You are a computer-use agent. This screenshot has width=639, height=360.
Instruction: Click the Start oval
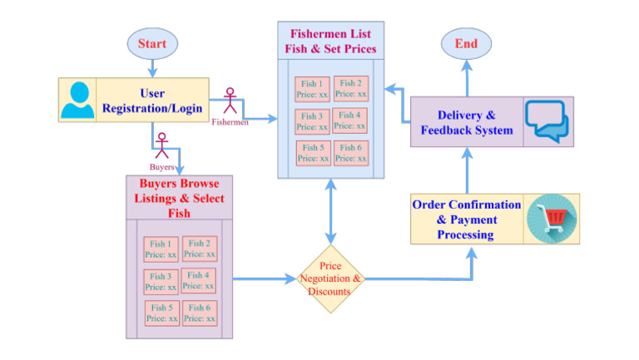click(152, 43)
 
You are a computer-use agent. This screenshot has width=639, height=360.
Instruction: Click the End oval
click(466, 43)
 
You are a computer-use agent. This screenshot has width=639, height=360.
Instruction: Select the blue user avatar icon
click(78, 99)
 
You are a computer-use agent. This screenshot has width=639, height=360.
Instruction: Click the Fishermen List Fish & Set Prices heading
click(332, 42)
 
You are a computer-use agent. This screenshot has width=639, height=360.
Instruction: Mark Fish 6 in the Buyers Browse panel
click(199, 312)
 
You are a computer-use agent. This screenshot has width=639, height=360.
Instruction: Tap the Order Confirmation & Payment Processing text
click(468, 219)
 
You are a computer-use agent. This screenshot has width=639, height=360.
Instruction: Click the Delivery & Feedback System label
click(467, 122)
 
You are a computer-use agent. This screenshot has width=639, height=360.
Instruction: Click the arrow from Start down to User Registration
click(152, 69)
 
